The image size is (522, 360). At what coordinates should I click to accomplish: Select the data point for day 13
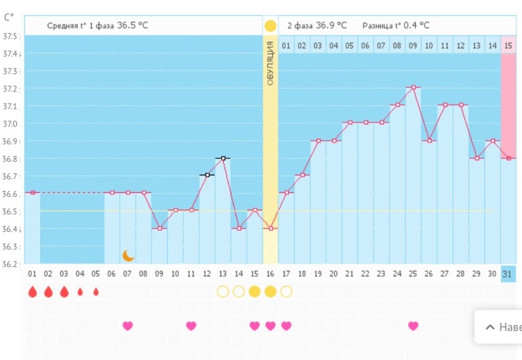pos(223,158)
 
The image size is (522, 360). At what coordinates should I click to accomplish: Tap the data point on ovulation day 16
pos(270,228)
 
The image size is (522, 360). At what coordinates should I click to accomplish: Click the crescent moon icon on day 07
pos(128,256)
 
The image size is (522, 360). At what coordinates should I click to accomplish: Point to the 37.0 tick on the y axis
pos(11,124)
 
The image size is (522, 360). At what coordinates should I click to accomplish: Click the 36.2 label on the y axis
pos(11,264)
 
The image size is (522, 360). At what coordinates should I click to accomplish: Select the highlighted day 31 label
pos(508,273)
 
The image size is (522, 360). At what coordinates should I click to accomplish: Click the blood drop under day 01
pos(32,292)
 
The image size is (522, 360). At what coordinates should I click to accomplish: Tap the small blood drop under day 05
pos(96,292)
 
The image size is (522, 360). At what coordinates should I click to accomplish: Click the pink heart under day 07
pos(127,325)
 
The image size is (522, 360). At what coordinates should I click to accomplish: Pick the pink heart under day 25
pos(413,325)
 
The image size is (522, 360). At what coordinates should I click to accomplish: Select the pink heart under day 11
pos(191,325)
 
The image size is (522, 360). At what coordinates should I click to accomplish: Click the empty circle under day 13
pos(222,292)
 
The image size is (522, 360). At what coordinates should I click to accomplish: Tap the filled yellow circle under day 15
pos(254,292)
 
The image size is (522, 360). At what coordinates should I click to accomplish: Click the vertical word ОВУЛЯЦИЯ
pos(270,63)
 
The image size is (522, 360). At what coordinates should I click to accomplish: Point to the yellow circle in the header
pos(270,26)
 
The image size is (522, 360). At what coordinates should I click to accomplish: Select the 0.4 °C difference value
pos(414,26)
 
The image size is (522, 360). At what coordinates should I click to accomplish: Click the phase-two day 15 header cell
pos(508,45)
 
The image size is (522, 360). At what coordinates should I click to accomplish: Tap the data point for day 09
pos(159,228)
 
